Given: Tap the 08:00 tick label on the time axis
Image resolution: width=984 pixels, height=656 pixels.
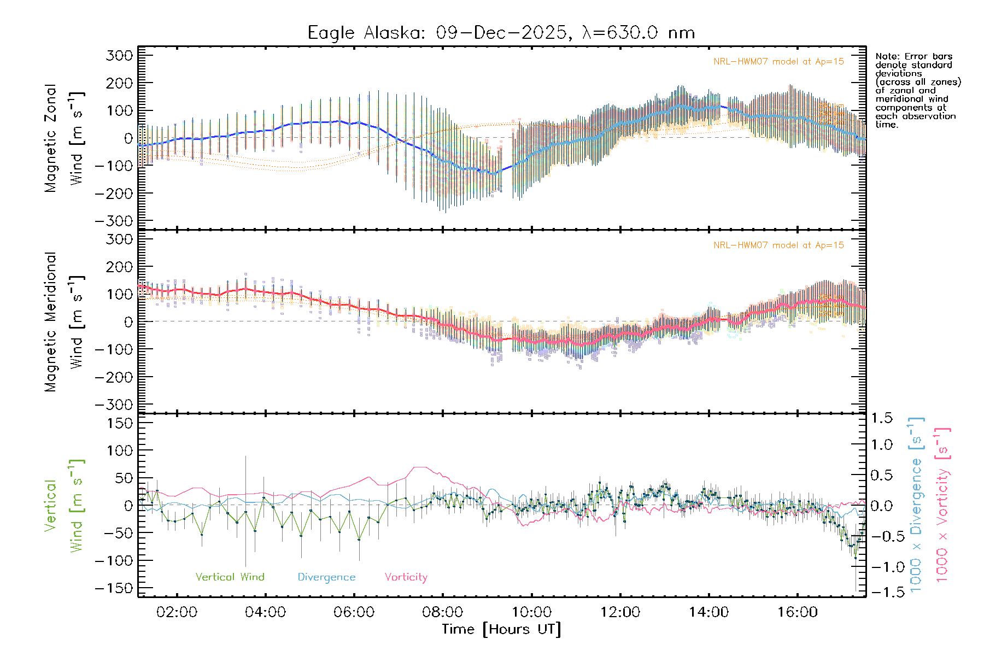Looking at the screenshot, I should click(443, 612).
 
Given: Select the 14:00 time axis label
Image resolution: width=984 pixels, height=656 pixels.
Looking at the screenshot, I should click(709, 612).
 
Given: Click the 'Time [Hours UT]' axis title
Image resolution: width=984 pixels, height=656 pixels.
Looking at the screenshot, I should click(501, 629).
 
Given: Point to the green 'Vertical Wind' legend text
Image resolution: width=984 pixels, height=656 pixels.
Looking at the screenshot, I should click(230, 577).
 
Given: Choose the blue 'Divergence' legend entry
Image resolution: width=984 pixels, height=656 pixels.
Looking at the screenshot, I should click(326, 577).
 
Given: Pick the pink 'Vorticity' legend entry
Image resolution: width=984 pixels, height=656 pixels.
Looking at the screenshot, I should click(406, 577).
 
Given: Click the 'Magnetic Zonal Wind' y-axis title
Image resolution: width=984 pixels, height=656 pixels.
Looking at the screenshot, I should click(64, 138).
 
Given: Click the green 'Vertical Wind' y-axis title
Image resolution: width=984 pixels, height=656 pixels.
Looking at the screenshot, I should click(64, 505).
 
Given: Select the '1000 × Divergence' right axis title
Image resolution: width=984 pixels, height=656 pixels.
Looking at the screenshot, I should click(916, 505).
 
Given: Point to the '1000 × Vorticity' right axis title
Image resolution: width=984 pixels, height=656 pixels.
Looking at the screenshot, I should click(942, 505).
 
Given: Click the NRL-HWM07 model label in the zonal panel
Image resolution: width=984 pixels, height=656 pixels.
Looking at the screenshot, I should click(778, 62).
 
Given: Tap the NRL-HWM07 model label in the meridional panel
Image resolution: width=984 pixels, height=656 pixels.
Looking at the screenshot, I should click(778, 245).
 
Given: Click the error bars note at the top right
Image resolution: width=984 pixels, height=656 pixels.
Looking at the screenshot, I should click(917, 90).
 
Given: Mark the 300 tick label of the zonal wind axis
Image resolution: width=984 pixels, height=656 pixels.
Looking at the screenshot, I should click(119, 55).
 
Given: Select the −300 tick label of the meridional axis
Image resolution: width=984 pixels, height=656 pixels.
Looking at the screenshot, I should click(114, 405).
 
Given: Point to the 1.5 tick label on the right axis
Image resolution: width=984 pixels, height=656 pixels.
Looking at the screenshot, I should click(881, 418).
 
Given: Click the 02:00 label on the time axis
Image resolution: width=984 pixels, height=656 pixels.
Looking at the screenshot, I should click(177, 612).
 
